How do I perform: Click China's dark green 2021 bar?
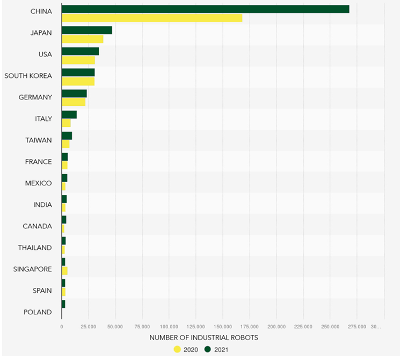point(205,9)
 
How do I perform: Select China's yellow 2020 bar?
point(152,18)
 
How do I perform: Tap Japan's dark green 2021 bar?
point(87,30)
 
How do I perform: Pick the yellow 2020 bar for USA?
point(78,60)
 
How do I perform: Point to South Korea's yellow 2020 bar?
point(78,81)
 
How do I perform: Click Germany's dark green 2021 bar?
point(74,93)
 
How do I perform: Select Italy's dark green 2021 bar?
point(69,114)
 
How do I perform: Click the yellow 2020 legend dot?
point(178,350)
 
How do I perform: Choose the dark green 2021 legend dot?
point(208,350)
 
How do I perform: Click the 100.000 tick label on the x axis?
point(169,326)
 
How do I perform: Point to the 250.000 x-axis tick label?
point(330,326)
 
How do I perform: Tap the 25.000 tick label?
point(89,326)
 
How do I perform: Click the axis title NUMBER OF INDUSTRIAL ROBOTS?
point(203,338)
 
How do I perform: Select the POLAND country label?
point(38,312)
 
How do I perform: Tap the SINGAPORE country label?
point(33,269)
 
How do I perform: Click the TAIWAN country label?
point(39,140)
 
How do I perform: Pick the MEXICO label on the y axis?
point(38,183)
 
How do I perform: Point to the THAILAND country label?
point(35,248)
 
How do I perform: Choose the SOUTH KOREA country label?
point(28,76)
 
